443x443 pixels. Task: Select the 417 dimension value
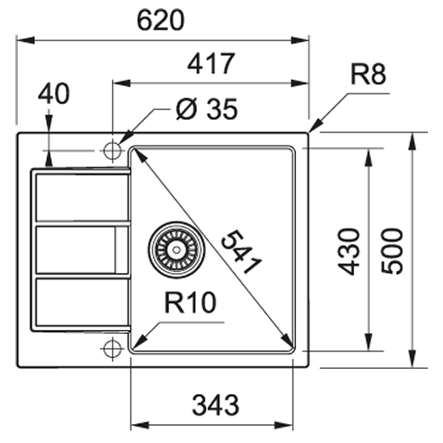click(210, 64)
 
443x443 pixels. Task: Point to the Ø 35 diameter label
click(207, 109)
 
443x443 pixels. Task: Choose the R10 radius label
click(190, 304)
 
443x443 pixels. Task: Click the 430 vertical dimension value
click(350, 251)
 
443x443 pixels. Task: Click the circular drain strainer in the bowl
click(173, 249)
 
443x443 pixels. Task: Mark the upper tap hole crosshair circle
click(112, 150)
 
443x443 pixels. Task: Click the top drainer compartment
click(82, 197)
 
